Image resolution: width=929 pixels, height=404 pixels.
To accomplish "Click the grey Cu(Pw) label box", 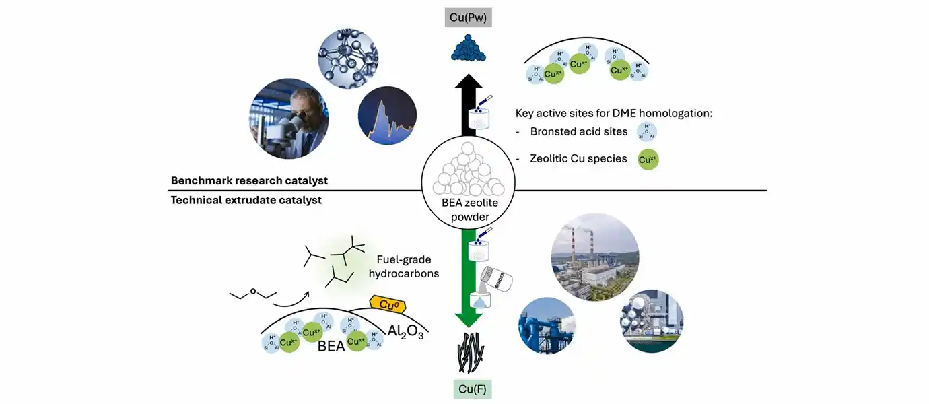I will point(468,16).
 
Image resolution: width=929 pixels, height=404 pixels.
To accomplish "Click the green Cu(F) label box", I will point(468,389).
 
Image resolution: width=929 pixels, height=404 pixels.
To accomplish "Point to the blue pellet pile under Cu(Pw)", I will point(468,49).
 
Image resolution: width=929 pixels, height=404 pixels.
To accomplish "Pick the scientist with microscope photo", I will point(289,119).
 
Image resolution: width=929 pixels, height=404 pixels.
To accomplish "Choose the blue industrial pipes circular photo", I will point(548,325).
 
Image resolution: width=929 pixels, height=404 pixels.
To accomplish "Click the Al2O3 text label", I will point(405,331).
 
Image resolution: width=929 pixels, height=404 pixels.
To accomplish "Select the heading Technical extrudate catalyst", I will point(246,200).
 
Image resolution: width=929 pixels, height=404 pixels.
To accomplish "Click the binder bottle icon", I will point(497,277).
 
